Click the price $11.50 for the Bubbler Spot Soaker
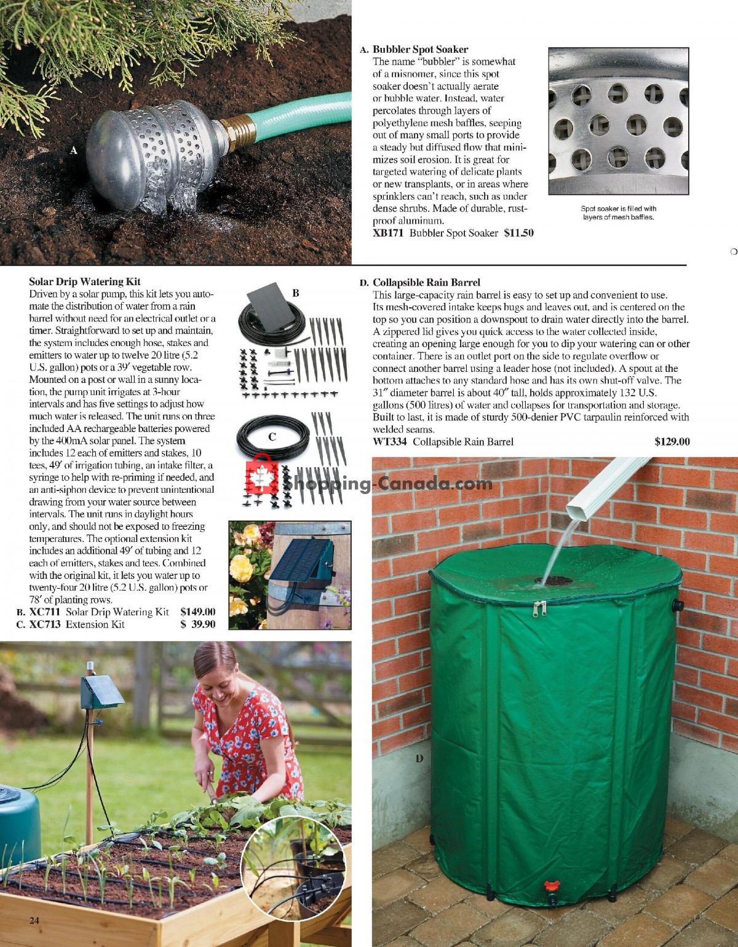pos(518,233)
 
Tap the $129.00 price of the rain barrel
pos(672,441)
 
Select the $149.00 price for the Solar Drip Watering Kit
pos(197,611)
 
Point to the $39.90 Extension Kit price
pos(197,624)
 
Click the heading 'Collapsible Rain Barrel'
pos(426,283)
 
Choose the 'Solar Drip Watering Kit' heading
pos(85,281)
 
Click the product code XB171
pos(389,233)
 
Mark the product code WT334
pos(391,441)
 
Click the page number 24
pos(34,920)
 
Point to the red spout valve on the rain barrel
pos(550,886)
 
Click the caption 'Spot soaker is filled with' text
pos(619,208)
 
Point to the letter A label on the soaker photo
pos(74,150)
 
